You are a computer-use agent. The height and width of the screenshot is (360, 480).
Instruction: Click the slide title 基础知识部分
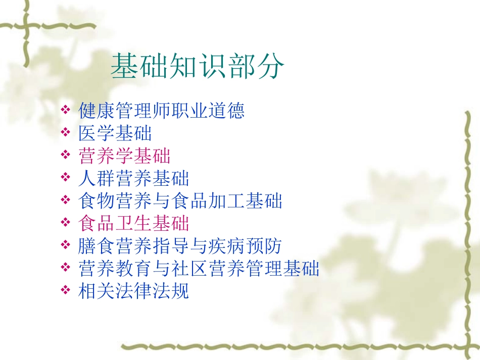pos(198,67)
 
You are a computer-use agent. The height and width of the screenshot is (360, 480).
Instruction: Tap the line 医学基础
pos(115,133)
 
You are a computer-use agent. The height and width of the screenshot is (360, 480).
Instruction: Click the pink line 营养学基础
pos(125,156)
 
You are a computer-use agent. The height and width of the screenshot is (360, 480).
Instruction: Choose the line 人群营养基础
pos(134,179)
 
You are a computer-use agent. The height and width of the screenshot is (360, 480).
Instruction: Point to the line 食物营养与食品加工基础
pos(180,201)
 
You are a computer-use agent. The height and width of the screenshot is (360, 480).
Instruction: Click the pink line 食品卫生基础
pos(134,224)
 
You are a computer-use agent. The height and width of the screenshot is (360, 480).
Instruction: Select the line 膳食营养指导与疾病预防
pos(180,246)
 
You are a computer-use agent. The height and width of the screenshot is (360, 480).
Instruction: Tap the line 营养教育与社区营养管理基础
pos(199,269)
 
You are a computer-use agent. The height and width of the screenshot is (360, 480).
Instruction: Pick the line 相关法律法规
pos(134,291)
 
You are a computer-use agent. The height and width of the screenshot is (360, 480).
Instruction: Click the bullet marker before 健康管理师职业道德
pos(66,110)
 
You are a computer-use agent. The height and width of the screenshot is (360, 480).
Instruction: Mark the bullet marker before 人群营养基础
pos(66,178)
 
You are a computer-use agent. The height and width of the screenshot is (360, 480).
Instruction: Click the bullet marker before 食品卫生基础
pos(66,223)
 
